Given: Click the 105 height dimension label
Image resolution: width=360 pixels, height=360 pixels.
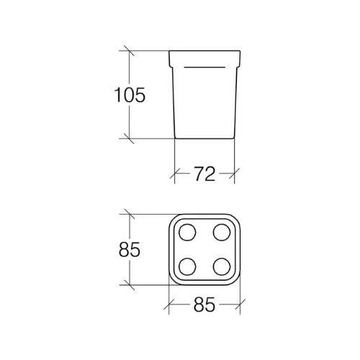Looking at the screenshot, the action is pyautogui.click(x=130, y=95).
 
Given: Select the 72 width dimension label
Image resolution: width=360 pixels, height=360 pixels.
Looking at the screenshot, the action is pyautogui.click(x=204, y=174).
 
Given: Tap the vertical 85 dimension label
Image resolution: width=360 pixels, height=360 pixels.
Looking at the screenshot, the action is pyautogui.click(x=130, y=250).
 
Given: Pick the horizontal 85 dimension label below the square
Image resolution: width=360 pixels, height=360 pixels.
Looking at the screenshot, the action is pyautogui.click(x=204, y=305).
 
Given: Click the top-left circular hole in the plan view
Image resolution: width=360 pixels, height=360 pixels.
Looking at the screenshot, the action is pyautogui.click(x=187, y=233).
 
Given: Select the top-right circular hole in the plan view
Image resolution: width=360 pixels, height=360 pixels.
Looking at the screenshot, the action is pyautogui.click(x=222, y=233).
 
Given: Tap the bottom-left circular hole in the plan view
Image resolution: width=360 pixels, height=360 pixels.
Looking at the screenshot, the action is pyautogui.click(x=187, y=266).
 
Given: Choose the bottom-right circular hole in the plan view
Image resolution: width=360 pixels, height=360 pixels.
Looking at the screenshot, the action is pyautogui.click(x=222, y=266).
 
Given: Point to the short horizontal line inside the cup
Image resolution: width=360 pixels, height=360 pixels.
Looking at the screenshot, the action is pyautogui.click(x=204, y=67).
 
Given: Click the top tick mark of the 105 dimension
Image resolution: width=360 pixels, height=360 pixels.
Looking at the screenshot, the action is pyautogui.click(x=129, y=50).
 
